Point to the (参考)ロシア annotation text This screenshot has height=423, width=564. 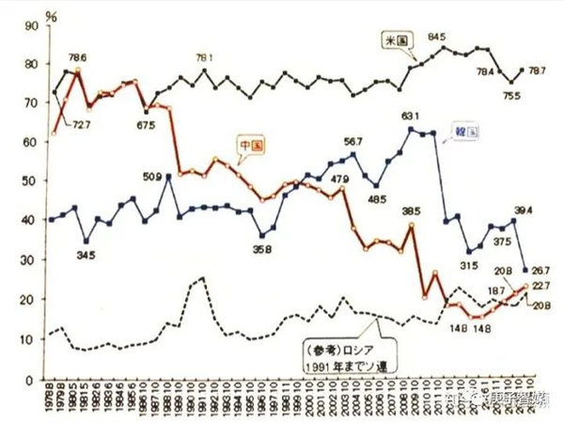coord(344,345)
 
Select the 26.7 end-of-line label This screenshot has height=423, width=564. coord(540,270)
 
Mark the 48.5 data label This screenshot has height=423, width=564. coord(377,200)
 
